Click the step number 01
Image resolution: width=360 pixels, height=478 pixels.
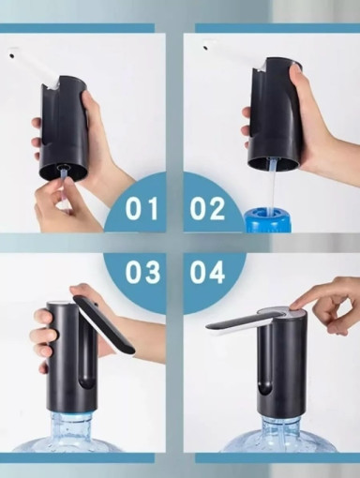point(142,209)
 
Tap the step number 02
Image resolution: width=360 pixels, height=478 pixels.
point(207,209)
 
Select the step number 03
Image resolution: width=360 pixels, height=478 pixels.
point(142,272)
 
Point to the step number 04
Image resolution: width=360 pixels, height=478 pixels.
point(207,272)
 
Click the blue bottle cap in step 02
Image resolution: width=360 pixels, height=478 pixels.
point(264,219)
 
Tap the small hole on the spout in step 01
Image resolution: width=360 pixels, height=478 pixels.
point(11,55)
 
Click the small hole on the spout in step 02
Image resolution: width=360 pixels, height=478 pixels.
point(205,48)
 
